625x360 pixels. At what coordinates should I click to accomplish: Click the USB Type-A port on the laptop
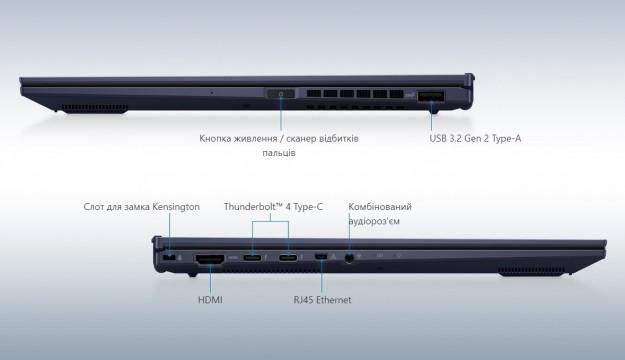click(x=431, y=96)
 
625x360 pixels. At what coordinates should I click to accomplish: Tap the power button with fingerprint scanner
click(x=281, y=94)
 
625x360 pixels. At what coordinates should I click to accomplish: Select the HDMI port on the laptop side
click(x=210, y=259)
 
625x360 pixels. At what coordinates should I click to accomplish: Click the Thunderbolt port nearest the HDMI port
click(x=252, y=258)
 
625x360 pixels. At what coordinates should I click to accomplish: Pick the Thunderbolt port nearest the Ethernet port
click(x=288, y=258)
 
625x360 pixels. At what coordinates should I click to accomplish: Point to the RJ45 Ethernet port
click(x=321, y=257)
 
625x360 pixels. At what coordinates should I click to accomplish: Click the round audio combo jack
click(x=349, y=258)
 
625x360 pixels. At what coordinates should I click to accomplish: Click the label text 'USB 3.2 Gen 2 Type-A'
click(x=475, y=138)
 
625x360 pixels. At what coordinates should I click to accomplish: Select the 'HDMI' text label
click(x=210, y=300)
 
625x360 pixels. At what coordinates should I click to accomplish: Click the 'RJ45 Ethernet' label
click(x=322, y=300)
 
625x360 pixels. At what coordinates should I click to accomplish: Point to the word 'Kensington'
click(x=176, y=207)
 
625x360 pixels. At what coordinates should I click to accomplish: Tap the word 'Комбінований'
click(x=380, y=207)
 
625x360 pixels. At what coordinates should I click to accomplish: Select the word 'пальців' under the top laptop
click(x=279, y=153)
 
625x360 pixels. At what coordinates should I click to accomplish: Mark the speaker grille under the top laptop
click(x=95, y=108)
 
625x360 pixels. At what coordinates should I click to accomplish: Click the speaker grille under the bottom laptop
click(x=531, y=271)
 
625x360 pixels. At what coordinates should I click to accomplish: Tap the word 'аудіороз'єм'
click(x=374, y=221)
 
